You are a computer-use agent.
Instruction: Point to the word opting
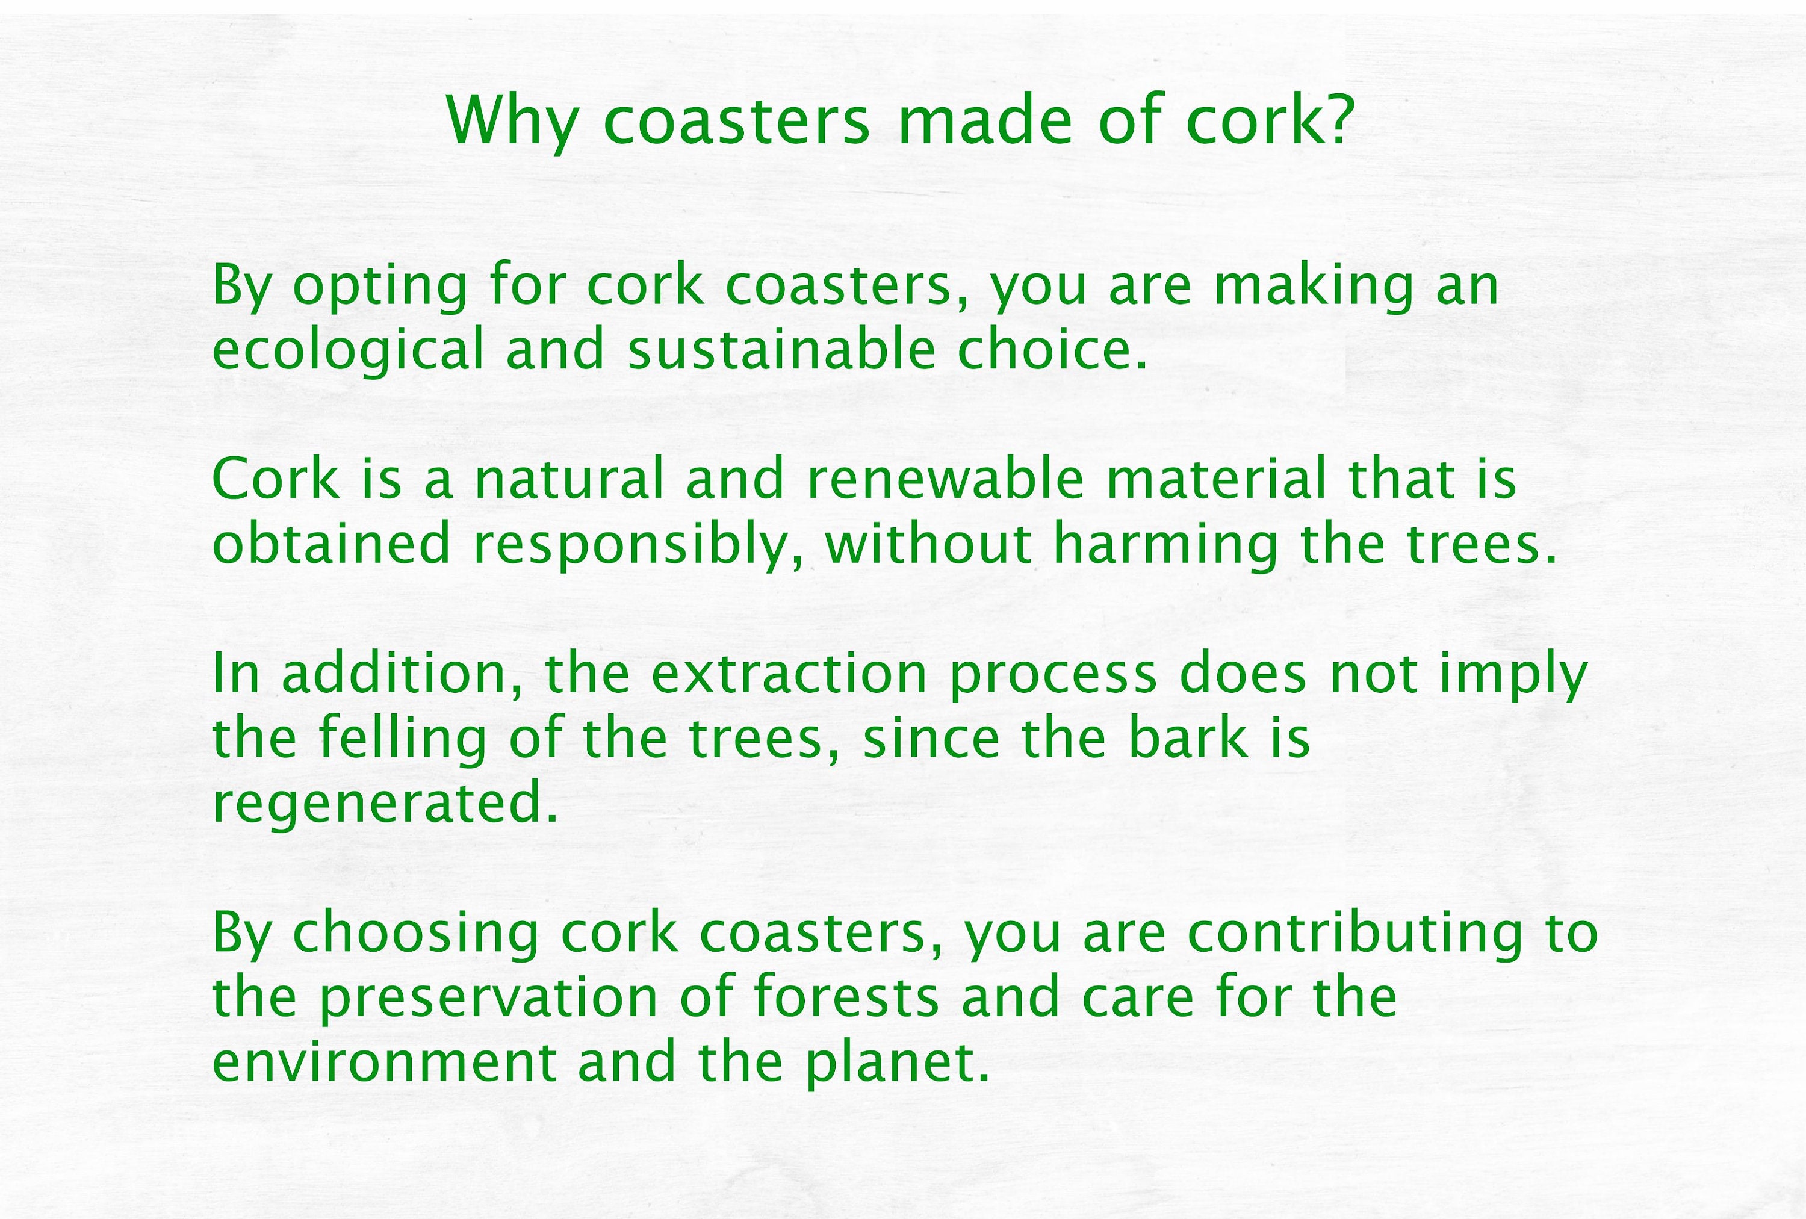click(380, 288)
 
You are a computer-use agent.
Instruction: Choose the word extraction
click(789, 674)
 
